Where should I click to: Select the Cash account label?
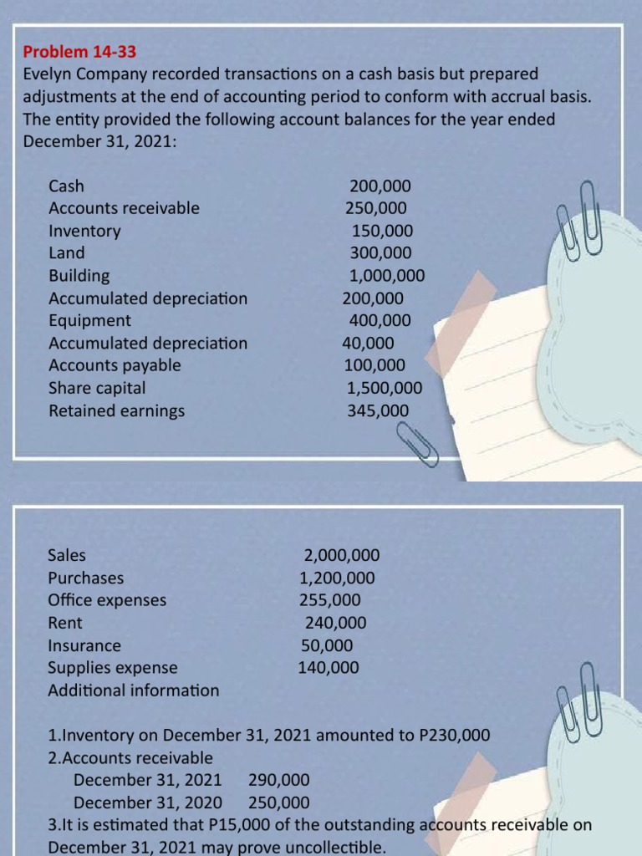point(66,186)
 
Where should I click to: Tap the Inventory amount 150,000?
point(382,231)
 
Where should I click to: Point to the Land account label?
point(67,252)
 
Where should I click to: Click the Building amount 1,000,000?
point(387,276)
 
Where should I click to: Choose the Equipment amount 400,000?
point(380,320)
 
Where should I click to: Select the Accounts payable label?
point(115,365)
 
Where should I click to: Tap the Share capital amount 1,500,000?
point(385,388)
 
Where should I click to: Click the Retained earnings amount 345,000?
point(379,410)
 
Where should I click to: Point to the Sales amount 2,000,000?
point(342,555)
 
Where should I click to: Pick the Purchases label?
point(85,578)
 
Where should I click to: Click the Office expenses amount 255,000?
point(330,600)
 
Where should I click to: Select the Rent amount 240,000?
point(335,623)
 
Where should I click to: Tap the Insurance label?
point(84,645)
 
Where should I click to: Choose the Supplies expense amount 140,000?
point(329,668)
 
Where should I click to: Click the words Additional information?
point(134,690)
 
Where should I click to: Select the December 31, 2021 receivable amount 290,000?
point(279,781)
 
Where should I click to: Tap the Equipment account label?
point(89,320)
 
